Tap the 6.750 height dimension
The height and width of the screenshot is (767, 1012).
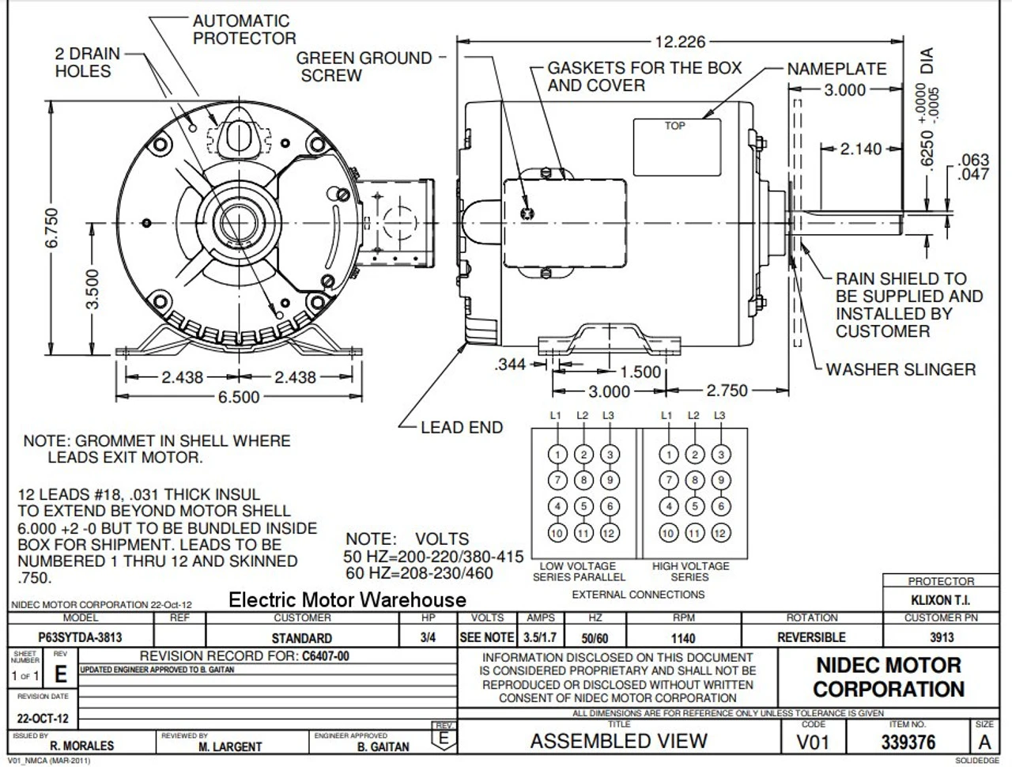51,229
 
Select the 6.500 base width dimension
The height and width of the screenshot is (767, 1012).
239,397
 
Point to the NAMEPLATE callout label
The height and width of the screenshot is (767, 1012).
836,69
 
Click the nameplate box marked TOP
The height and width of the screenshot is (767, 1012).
676,146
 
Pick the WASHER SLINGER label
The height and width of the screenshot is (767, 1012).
901,369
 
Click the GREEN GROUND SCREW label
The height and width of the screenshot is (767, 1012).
364,66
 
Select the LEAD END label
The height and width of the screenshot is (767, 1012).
462,427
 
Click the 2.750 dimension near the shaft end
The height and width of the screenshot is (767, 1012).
727,391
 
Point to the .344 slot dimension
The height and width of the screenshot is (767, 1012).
511,365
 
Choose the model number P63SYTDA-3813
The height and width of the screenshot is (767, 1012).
81,637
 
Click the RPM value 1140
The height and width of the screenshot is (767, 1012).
683,638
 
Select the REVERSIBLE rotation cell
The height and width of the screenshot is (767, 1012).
811,637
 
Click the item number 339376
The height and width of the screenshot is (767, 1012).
908,742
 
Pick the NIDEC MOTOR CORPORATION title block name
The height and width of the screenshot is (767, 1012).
889,677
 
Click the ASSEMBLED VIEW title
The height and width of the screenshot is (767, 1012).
619,742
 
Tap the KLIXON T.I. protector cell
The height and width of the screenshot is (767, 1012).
941,600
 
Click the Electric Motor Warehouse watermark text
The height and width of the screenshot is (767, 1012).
347,600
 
